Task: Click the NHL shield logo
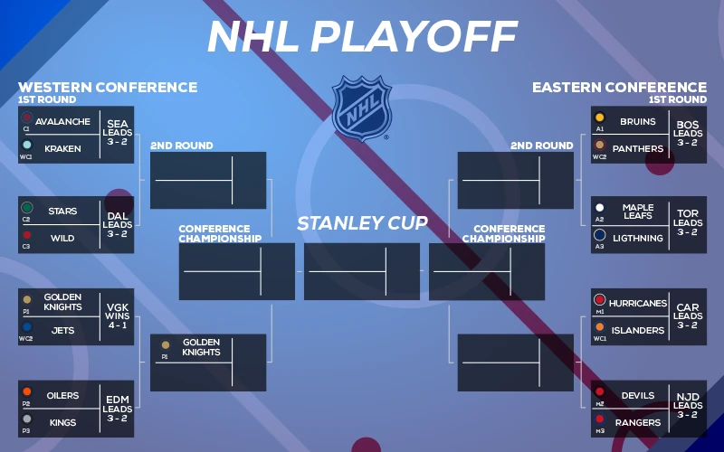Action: point(362,108)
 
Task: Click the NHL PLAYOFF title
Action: point(362,36)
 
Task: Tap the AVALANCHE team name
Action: point(62,122)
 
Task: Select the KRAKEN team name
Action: point(62,148)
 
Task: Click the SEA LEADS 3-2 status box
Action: point(118,133)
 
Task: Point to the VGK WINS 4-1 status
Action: point(118,315)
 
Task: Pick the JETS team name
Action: point(62,331)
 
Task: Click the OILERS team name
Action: point(62,396)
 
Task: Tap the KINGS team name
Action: point(62,422)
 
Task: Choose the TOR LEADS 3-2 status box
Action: point(688,223)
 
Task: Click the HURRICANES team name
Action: point(637,304)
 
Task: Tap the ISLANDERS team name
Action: point(637,331)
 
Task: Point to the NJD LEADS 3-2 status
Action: point(688,406)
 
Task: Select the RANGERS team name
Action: point(637,422)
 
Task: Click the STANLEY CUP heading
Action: point(362,223)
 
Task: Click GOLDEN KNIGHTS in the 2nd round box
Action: point(201,347)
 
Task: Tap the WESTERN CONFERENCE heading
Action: point(108,88)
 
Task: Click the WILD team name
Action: point(62,239)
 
